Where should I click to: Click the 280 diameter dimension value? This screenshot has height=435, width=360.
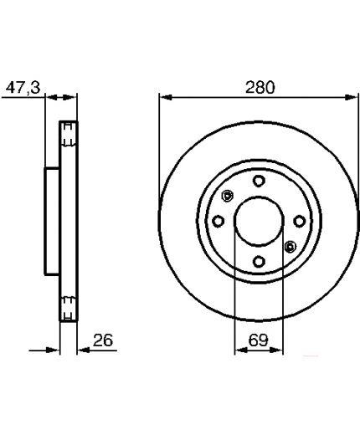260,87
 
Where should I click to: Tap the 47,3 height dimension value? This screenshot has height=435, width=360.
23,88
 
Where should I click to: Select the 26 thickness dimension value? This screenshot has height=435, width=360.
103,340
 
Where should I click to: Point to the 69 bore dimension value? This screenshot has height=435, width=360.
258,340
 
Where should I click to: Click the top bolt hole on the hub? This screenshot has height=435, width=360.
259,181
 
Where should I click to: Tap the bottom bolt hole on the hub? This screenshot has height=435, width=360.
259,262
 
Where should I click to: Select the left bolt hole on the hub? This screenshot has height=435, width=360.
219,222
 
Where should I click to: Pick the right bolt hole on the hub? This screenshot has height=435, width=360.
300,222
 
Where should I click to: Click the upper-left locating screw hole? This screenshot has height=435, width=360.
228,196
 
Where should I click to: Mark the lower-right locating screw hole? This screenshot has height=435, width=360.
291,247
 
